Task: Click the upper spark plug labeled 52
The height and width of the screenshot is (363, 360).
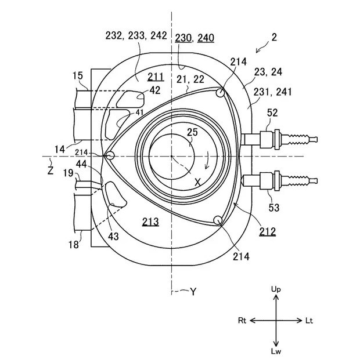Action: (x=279, y=140)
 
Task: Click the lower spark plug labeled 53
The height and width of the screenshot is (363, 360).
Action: (x=279, y=181)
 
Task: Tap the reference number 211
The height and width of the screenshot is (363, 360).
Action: (x=156, y=77)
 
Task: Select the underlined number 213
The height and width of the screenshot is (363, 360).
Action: (x=150, y=222)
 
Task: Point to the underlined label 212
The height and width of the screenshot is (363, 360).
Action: (x=268, y=231)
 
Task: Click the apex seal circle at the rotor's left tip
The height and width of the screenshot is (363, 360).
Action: (x=110, y=155)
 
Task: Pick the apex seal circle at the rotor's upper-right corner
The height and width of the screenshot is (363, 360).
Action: (x=220, y=93)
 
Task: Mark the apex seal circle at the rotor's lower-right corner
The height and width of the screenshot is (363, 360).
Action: (x=218, y=220)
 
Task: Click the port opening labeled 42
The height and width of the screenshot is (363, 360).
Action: (x=130, y=99)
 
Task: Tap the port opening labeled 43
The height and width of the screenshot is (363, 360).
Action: (x=115, y=194)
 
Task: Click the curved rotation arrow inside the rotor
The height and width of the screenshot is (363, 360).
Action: (x=208, y=161)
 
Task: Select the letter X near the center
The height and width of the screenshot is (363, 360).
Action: (x=197, y=183)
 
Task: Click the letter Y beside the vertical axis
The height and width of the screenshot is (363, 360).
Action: (x=193, y=292)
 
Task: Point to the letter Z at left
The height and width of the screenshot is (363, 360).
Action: (x=51, y=170)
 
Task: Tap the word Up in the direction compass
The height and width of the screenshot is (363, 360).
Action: (x=276, y=289)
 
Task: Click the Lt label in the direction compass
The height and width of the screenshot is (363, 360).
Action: (x=309, y=321)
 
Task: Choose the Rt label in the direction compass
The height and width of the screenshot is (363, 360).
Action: (x=242, y=321)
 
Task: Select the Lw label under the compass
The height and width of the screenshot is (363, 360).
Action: (x=276, y=351)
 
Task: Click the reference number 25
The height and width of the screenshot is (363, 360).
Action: (x=192, y=132)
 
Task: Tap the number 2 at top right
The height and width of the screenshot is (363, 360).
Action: (x=274, y=37)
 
